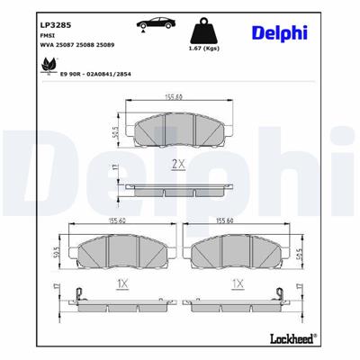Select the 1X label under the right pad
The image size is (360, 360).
click(238, 282)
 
